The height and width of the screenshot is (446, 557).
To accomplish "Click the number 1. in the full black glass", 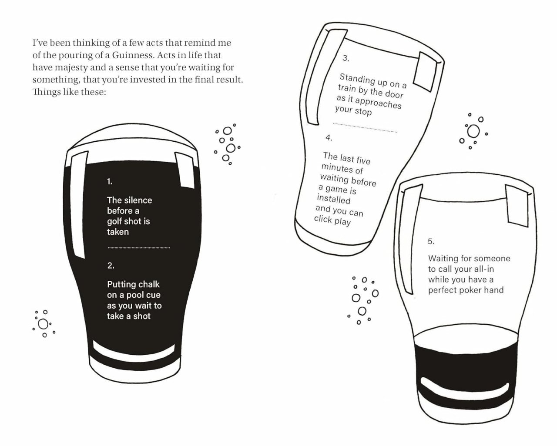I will [x=110, y=182].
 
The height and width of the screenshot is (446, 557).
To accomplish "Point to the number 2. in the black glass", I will [x=111, y=266].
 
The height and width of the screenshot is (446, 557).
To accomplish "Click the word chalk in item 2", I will [x=148, y=284].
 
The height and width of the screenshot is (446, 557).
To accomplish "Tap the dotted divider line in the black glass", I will [x=138, y=248].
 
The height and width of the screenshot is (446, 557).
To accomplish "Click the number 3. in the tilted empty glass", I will [x=346, y=58].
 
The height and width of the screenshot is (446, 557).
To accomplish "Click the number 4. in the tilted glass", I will [x=329, y=138].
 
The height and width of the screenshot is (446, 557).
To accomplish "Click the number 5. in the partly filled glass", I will [x=431, y=241].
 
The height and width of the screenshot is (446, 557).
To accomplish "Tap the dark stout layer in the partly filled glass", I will [x=466, y=361].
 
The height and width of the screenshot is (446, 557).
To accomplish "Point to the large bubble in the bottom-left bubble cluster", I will [x=43, y=324].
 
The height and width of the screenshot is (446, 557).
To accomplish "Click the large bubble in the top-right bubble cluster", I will [x=473, y=131].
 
